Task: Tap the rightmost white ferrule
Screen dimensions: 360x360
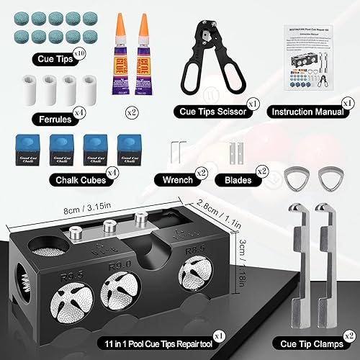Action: (x=90, y=90)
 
